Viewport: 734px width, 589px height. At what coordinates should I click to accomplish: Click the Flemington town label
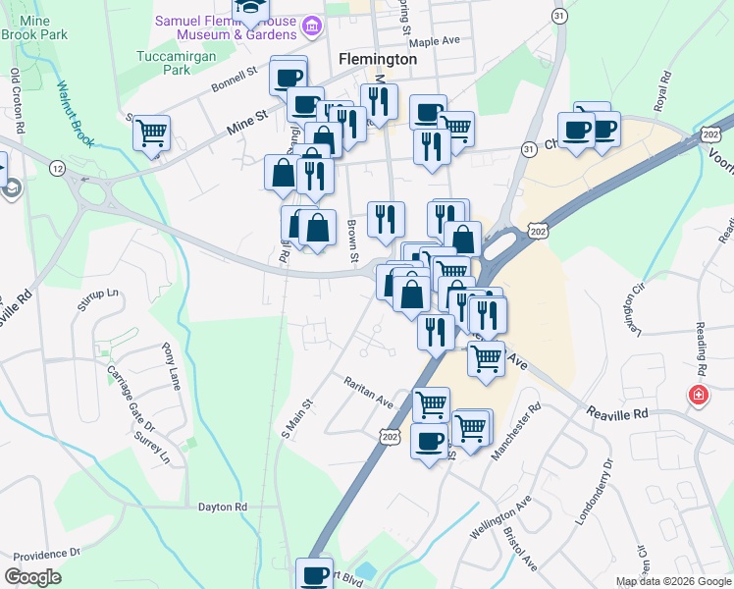click(378, 59)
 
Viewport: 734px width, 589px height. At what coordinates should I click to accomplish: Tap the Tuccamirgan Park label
click(163, 63)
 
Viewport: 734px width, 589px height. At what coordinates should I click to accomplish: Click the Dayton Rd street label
click(223, 507)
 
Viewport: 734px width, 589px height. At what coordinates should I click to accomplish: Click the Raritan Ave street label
click(368, 392)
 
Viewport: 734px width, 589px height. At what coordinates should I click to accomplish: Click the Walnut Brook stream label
click(75, 113)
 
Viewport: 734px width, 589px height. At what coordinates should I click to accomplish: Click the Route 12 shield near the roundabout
click(58, 169)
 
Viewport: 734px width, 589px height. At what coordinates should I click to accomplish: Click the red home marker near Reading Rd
click(698, 395)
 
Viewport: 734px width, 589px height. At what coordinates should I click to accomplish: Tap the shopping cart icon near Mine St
click(152, 132)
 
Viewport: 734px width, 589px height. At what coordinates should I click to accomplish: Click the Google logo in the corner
click(33, 577)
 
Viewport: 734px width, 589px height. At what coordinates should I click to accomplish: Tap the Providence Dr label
click(44, 554)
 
